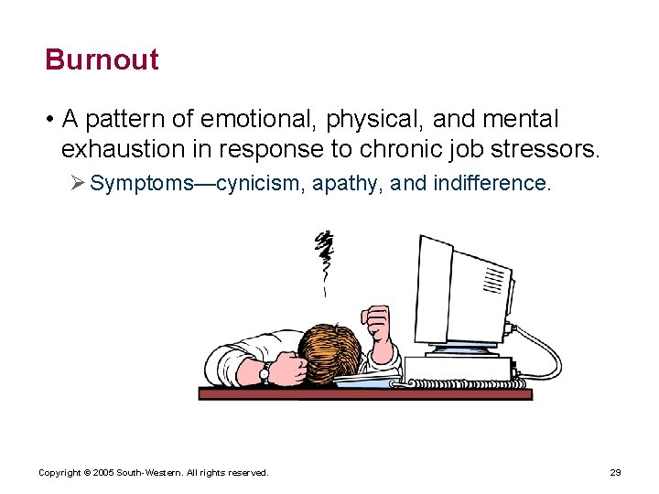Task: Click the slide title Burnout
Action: tap(102, 59)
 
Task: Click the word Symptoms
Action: tap(142, 183)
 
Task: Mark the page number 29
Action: tap(615, 473)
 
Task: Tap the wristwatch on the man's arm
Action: tap(265, 371)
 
